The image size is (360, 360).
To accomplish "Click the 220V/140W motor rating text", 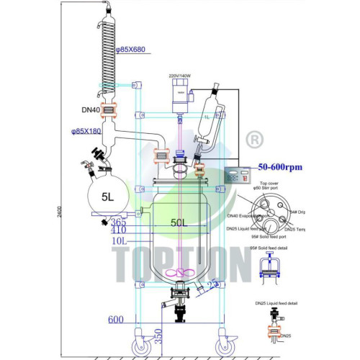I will coord(181,74).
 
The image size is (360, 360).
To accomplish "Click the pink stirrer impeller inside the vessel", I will coord(178,274).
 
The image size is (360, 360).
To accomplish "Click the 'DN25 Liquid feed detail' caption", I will coord(274,303).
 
